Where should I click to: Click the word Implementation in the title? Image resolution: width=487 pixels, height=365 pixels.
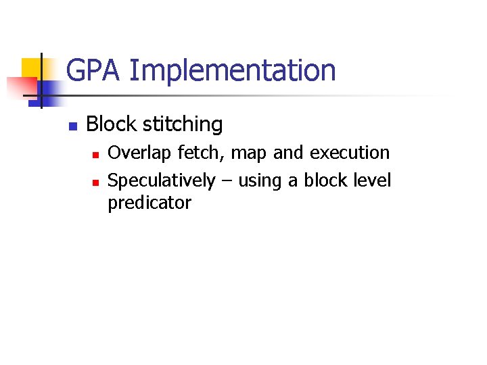coord(231,70)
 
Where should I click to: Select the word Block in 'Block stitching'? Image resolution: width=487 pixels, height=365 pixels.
coord(109,124)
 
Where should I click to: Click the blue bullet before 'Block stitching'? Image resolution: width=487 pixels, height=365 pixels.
coord(73,126)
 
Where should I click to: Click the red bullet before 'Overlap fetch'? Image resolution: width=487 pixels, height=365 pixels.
coord(96,155)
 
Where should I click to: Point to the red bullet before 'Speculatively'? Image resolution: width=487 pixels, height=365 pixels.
coord(96,182)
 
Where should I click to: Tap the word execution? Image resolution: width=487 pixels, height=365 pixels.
coord(350,153)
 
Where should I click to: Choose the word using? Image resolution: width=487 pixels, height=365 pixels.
coord(260,182)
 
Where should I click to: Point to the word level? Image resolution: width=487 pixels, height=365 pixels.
coord(373,180)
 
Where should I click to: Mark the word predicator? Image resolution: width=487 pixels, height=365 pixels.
coord(149,203)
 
